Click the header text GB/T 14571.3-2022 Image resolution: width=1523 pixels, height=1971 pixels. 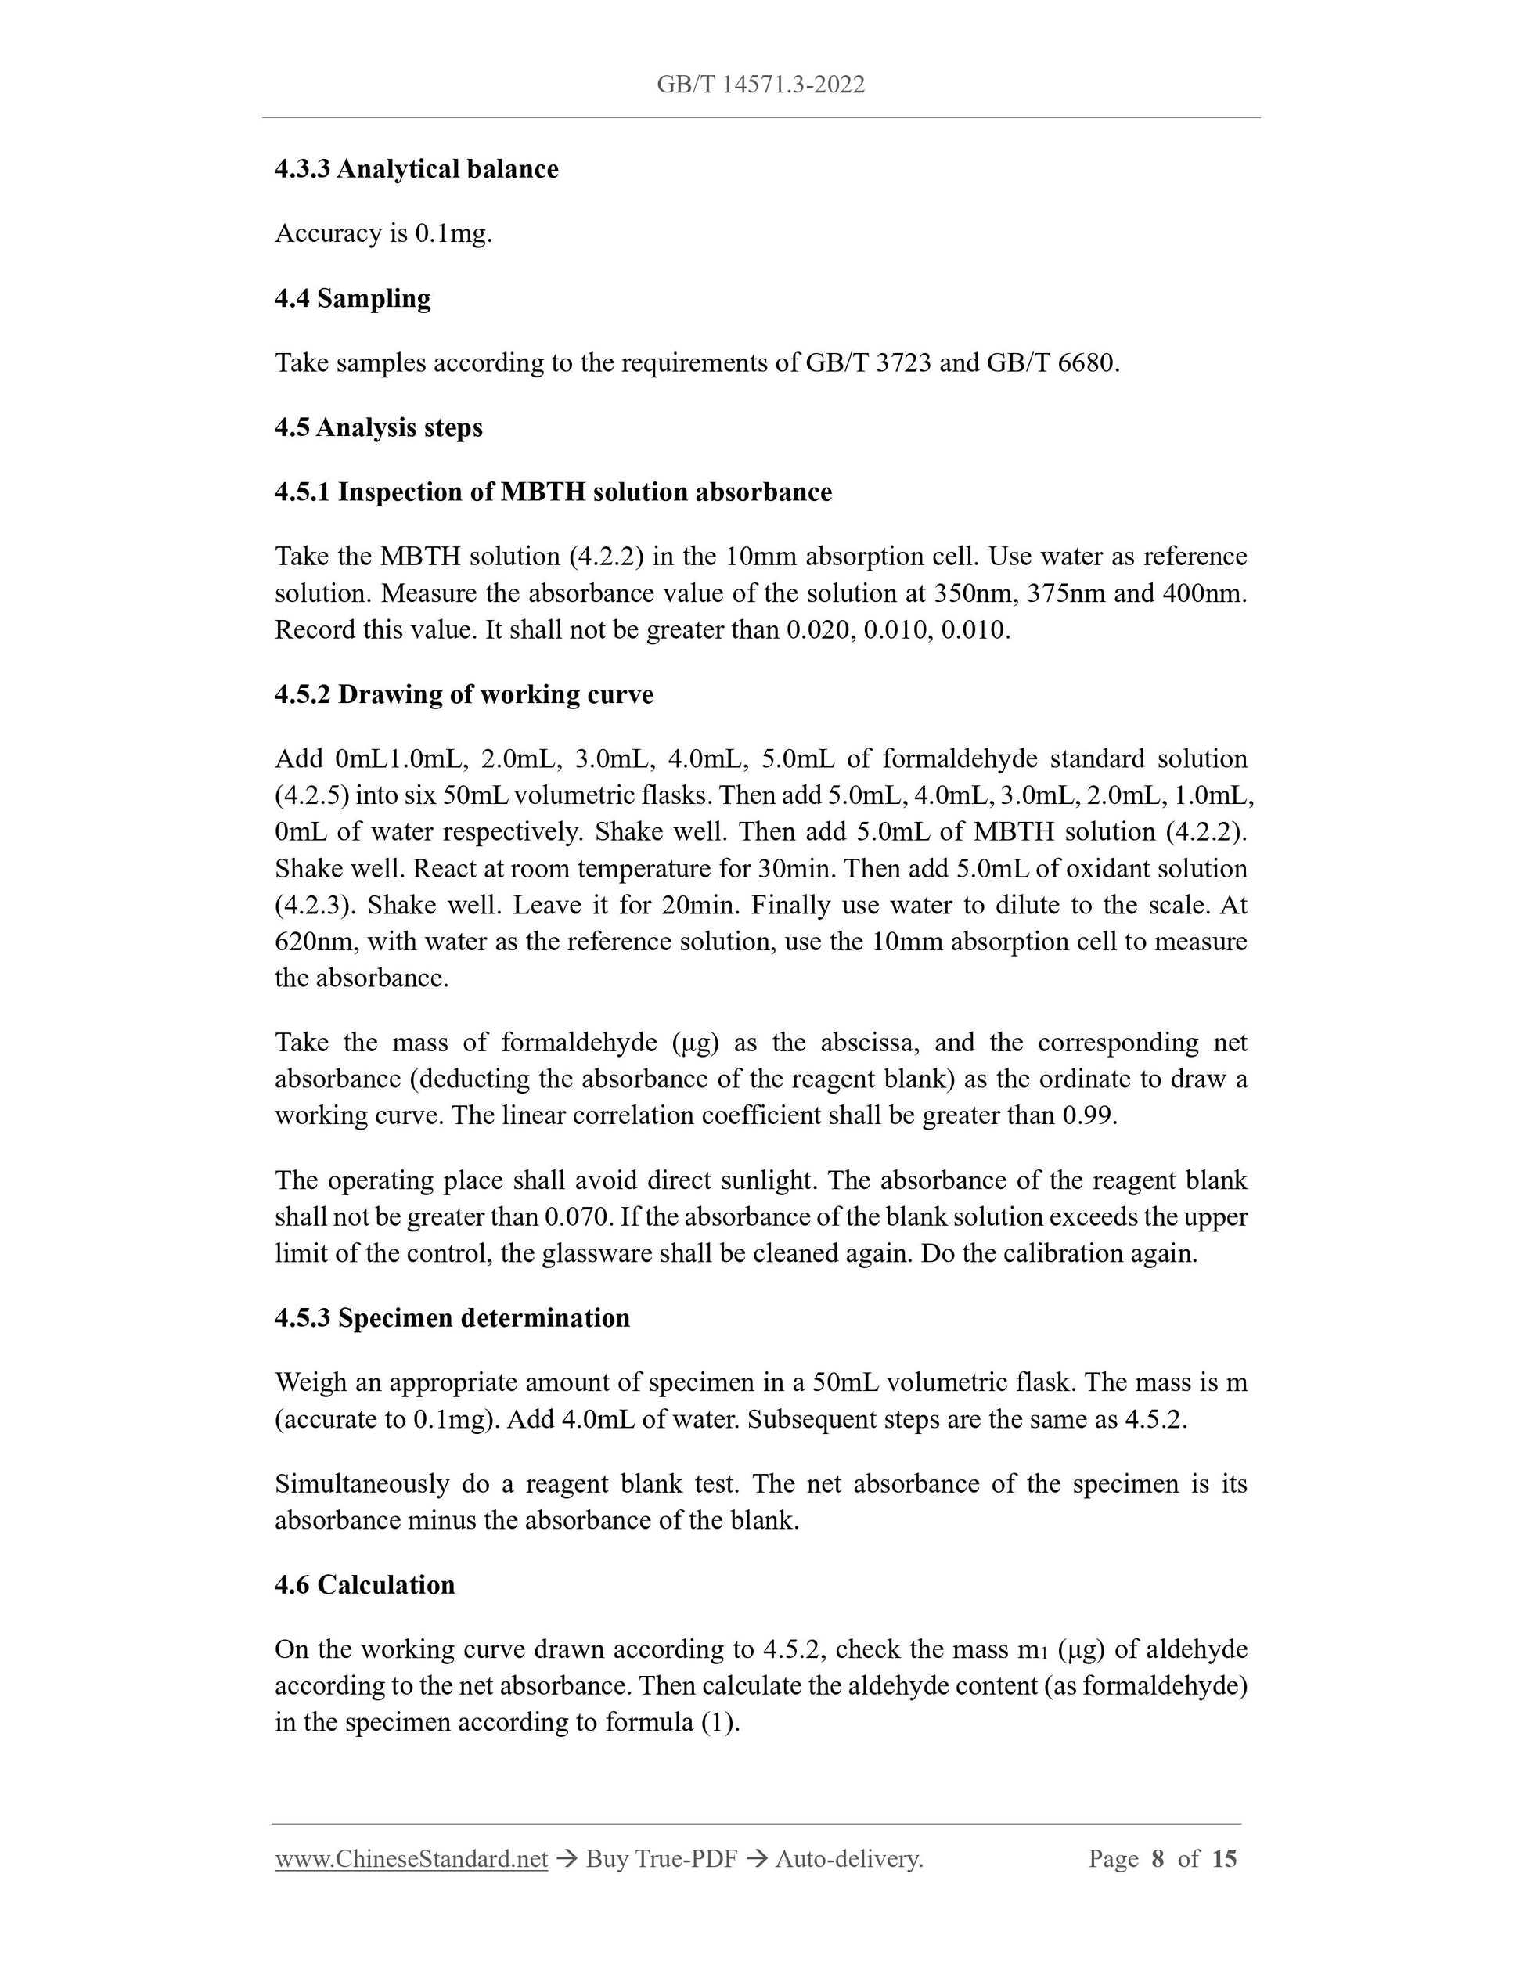(x=761, y=85)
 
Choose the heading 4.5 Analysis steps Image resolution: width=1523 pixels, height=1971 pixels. (x=378, y=427)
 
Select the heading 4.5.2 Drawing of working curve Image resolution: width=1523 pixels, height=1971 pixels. (x=464, y=694)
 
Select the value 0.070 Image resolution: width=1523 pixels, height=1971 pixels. (x=578, y=1217)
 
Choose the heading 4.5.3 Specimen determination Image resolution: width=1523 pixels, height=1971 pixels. (x=452, y=1317)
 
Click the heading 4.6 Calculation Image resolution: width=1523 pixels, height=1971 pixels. (x=365, y=1585)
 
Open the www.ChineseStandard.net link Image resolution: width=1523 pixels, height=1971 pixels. (x=411, y=1859)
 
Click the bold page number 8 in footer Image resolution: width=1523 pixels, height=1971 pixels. (x=1158, y=1859)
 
